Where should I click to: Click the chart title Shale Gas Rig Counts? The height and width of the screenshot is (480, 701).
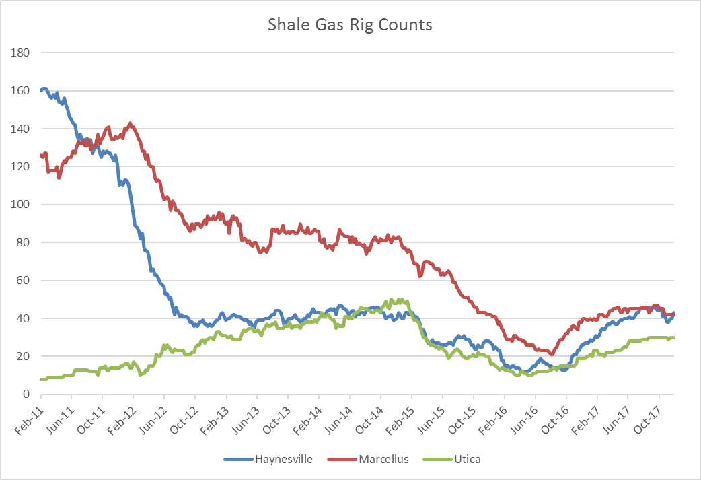click(350, 25)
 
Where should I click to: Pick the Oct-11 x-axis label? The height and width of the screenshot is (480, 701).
click(89, 417)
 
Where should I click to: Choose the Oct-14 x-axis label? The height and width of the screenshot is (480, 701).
click(367, 417)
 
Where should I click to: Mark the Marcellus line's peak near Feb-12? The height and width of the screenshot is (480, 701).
click(130, 123)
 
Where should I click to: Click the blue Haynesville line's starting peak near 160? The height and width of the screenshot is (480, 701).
click(44, 89)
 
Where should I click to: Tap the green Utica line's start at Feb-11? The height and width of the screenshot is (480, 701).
click(42, 379)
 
